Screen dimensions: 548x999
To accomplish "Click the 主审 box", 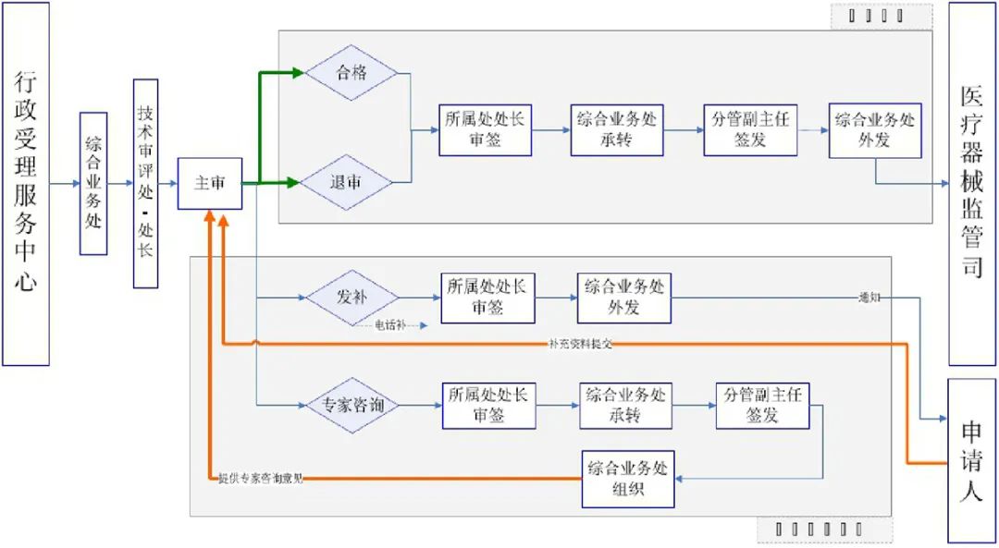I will coord(210,183).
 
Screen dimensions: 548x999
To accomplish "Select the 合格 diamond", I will coord(351,72).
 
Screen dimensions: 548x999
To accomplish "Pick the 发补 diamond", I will coord(351,298).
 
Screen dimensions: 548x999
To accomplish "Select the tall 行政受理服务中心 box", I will coord(26,183).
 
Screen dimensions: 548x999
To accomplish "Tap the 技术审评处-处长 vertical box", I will coord(146,183).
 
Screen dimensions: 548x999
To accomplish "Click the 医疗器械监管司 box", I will coord(971,183).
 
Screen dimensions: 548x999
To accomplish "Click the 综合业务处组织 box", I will coord(628,479).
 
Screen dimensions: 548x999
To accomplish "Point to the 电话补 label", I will coord(388,325).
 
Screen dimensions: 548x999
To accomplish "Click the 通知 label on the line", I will coord(869,298).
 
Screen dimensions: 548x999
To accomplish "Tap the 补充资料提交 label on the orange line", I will coord(581,344).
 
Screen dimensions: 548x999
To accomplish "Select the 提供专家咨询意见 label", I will coord(261,479).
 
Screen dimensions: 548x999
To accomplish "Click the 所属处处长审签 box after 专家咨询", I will coord(488,406).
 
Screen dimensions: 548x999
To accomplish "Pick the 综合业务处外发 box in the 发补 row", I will coord(623,298).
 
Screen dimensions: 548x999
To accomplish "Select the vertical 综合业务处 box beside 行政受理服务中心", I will coord(93,183).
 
